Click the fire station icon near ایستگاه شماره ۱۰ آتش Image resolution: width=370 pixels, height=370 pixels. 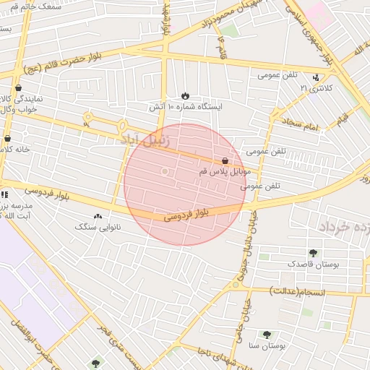[x=186, y=95]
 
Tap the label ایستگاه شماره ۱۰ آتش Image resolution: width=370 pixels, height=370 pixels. [x=186, y=106]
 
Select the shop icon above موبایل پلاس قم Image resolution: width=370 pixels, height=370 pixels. [x=226, y=160]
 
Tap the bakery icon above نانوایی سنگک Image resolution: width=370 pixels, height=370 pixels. [x=98, y=215]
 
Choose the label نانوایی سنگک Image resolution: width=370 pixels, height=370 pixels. [x=98, y=227]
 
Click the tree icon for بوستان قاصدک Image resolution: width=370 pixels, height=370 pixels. [x=313, y=253]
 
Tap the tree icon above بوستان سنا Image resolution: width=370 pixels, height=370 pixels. [x=267, y=335]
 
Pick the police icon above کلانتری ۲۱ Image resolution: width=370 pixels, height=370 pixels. [x=316, y=77]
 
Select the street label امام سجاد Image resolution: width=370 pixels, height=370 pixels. [x=301, y=126]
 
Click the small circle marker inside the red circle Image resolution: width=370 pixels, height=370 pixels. [x=165, y=171]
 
